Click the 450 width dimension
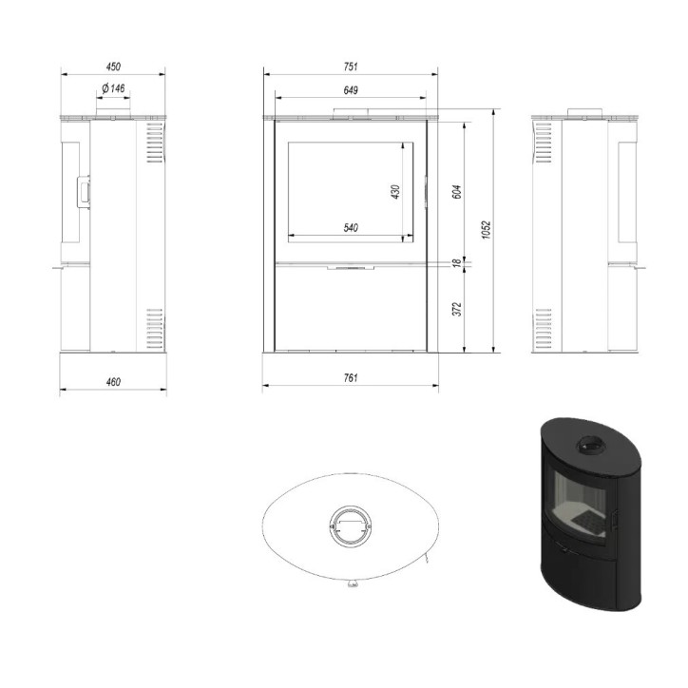tap(113, 67)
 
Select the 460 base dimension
tap(113, 381)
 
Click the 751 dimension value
tap(350, 67)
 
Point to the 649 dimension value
tap(350, 89)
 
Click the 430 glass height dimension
tap(395, 190)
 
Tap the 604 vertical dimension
tap(456, 189)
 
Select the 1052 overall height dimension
tap(486, 231)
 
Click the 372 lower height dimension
tap(456, 310)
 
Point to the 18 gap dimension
tap(456, 262)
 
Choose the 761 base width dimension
tap(350, 378)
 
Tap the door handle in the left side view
tap(83, 189)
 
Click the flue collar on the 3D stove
tap(590, 444)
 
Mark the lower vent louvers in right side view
tap(543, 327)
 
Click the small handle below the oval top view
tap(352, 583)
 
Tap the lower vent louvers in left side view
tap(155, 327)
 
